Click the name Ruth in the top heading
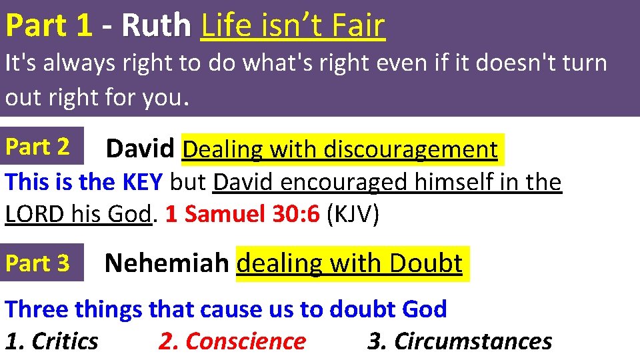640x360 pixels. coord(156,26)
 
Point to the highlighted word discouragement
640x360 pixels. coord(410,149)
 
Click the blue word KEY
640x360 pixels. coord(144,181)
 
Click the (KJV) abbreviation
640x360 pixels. coord(353,214)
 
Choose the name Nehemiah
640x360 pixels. coord(167,263)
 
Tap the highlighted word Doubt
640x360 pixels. coord(426,263)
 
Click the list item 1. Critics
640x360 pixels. coord(52,341)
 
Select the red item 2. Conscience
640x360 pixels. coord(232,341)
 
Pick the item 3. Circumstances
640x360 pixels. coord(460,341)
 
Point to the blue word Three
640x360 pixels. coord(37,309)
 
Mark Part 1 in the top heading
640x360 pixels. coord(48,26)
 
